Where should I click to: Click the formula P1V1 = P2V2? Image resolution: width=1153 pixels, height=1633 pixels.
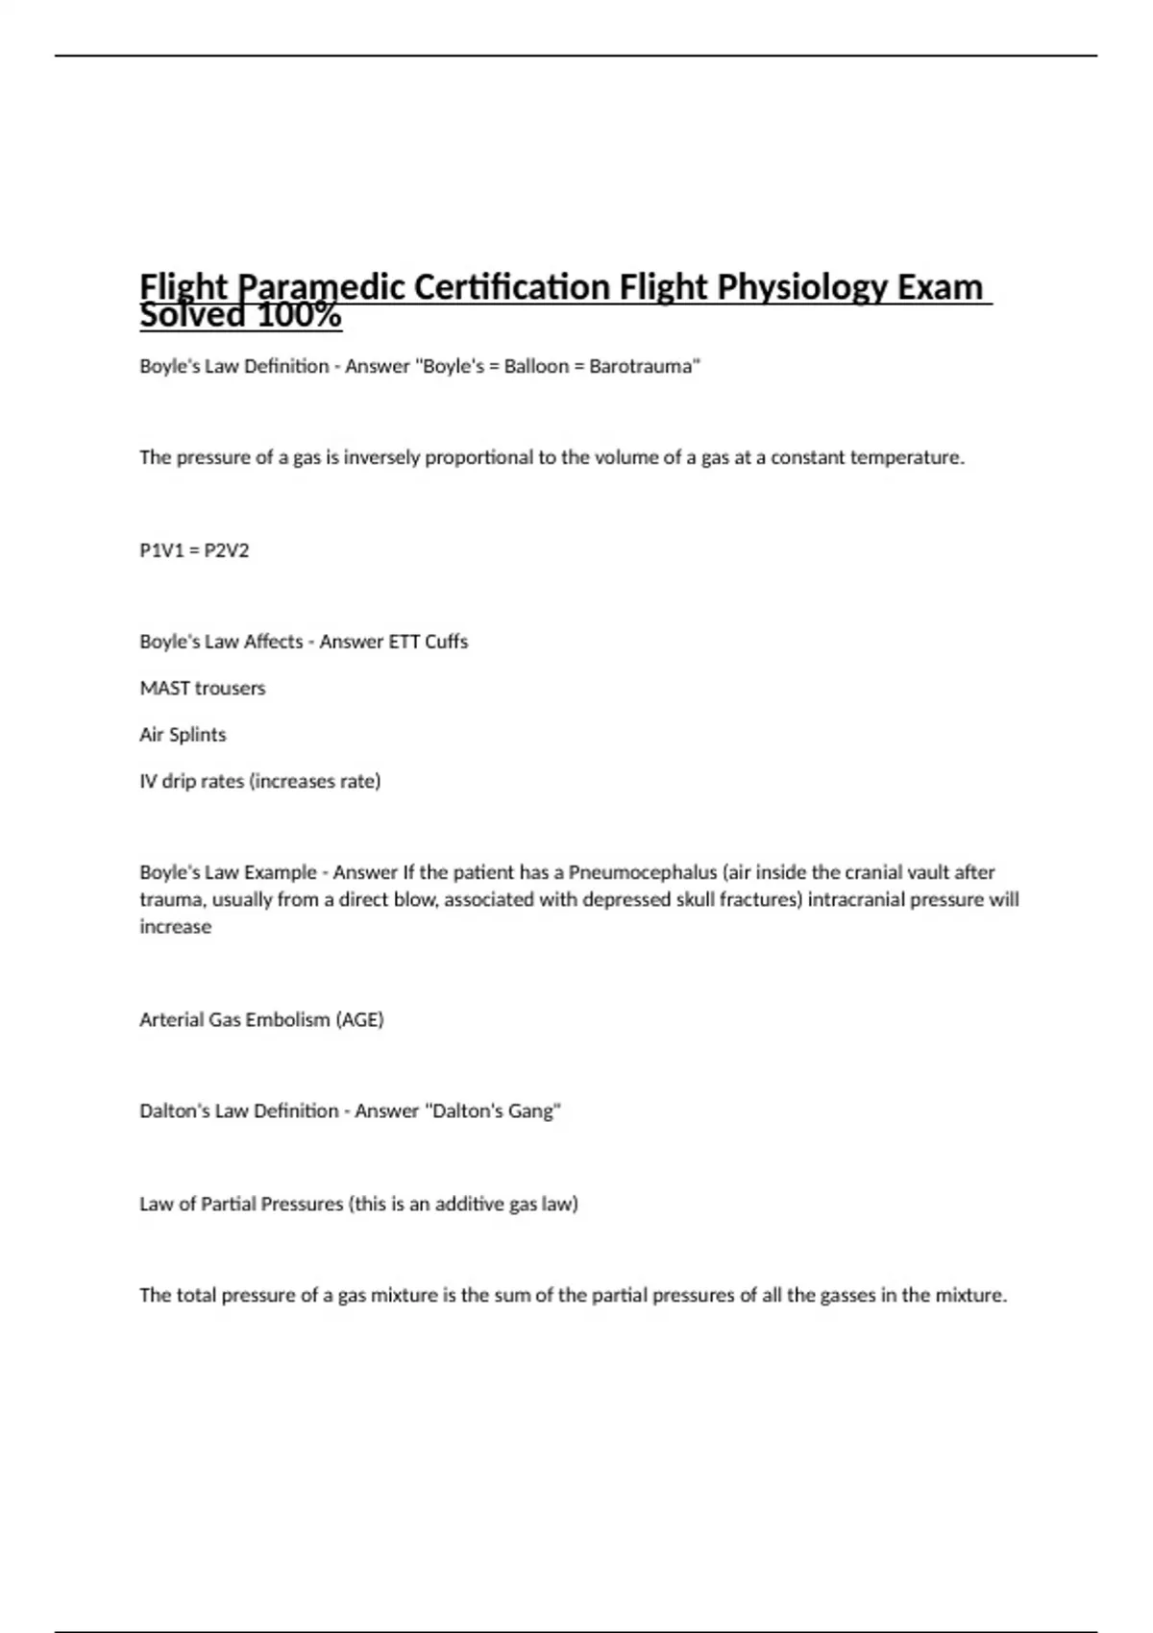pyautogui.click(x=194, y=550)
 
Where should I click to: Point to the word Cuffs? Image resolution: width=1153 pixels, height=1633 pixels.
pyautogui.click(x=446, y=642)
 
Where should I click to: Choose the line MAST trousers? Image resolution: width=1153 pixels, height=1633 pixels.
pyautogui.click(x=202, y=688)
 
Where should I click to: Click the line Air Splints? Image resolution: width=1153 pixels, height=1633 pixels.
pyautogui.click(x=183, y=735)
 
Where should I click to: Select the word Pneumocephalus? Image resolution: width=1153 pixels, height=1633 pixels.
pyautogui.click(x=643, y=872)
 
